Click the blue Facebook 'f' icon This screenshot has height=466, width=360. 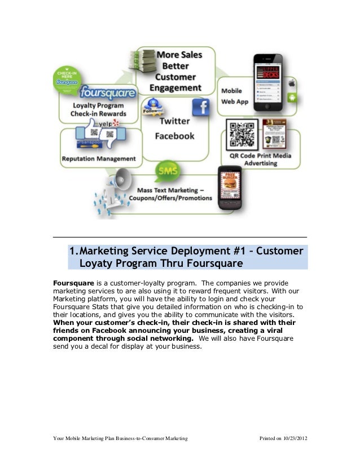point(200,107)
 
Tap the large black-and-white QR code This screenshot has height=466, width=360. point(242,135)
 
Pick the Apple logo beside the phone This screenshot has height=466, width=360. point(292,82)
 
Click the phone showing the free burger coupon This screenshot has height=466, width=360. point(230,185)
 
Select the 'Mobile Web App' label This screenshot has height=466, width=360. point(236,95)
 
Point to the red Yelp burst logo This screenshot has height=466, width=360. point(116,122)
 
